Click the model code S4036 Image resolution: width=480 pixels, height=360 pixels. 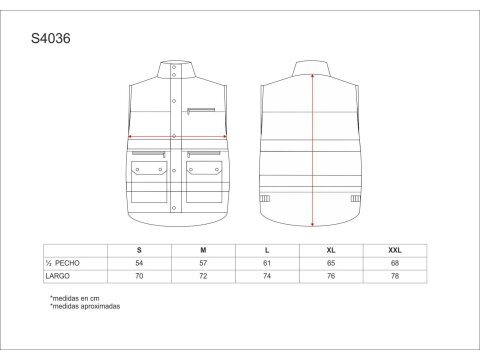click(x=51, y=38)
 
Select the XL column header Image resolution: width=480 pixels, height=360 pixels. click(x=331, y=250)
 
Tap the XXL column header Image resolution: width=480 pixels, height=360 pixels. click(x=395, y=250)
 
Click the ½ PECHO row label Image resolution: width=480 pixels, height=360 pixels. click(x=63, y=263)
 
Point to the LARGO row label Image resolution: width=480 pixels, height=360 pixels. click(x=58, y=276)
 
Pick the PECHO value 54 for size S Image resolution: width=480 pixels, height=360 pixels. click(x=139, y=263)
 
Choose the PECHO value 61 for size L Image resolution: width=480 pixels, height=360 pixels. click(x=267, y=263)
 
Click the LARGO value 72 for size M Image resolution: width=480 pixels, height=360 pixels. click(x=203, y=276)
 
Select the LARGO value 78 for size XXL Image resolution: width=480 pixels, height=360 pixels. click(x=395, y=276)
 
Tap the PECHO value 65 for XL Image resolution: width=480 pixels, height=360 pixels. click(x=331, y=263)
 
